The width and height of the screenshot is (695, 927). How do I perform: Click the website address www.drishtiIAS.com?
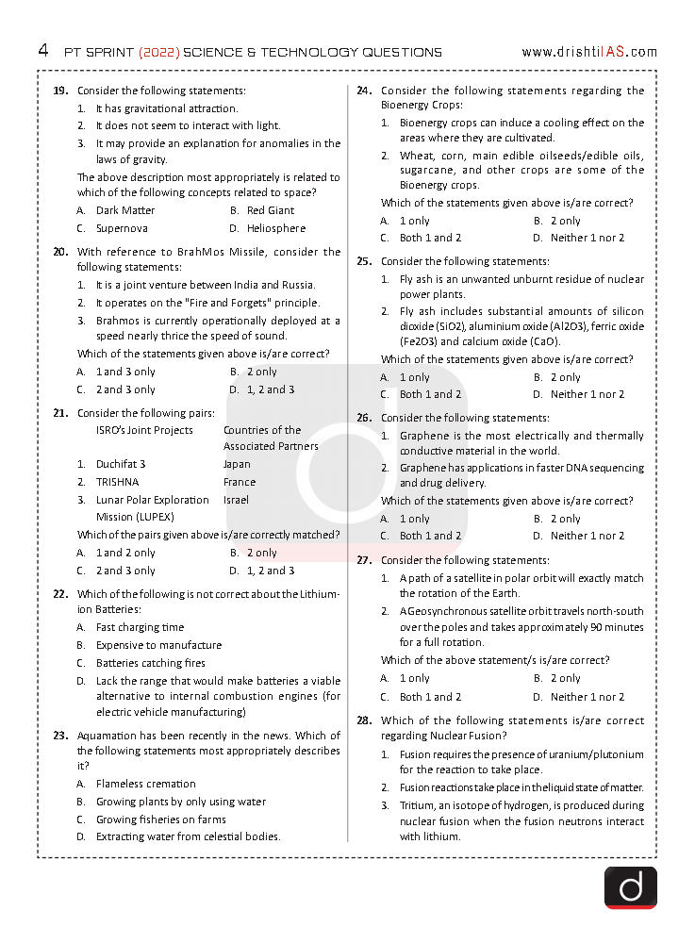[588, 52]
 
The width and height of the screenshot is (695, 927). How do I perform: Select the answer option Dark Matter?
[124, 210]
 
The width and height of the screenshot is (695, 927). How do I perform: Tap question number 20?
[60, 252]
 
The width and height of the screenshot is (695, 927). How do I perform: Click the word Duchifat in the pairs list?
[116, 464]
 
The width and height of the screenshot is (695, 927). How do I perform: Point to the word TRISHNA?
[117, 482]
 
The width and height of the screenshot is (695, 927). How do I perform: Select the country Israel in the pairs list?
[237, 500]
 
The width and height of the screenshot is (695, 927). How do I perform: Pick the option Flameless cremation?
[145, 784]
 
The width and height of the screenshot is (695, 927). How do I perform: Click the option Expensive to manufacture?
[158, 645]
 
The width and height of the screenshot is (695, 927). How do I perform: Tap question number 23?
[60, 736]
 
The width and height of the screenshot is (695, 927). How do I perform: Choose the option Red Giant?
[270, 210]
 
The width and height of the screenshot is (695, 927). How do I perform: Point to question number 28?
[364, 720]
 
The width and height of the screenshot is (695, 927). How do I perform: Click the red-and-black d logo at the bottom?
[630, 887]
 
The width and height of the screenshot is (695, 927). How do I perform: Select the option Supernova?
[122, 228]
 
